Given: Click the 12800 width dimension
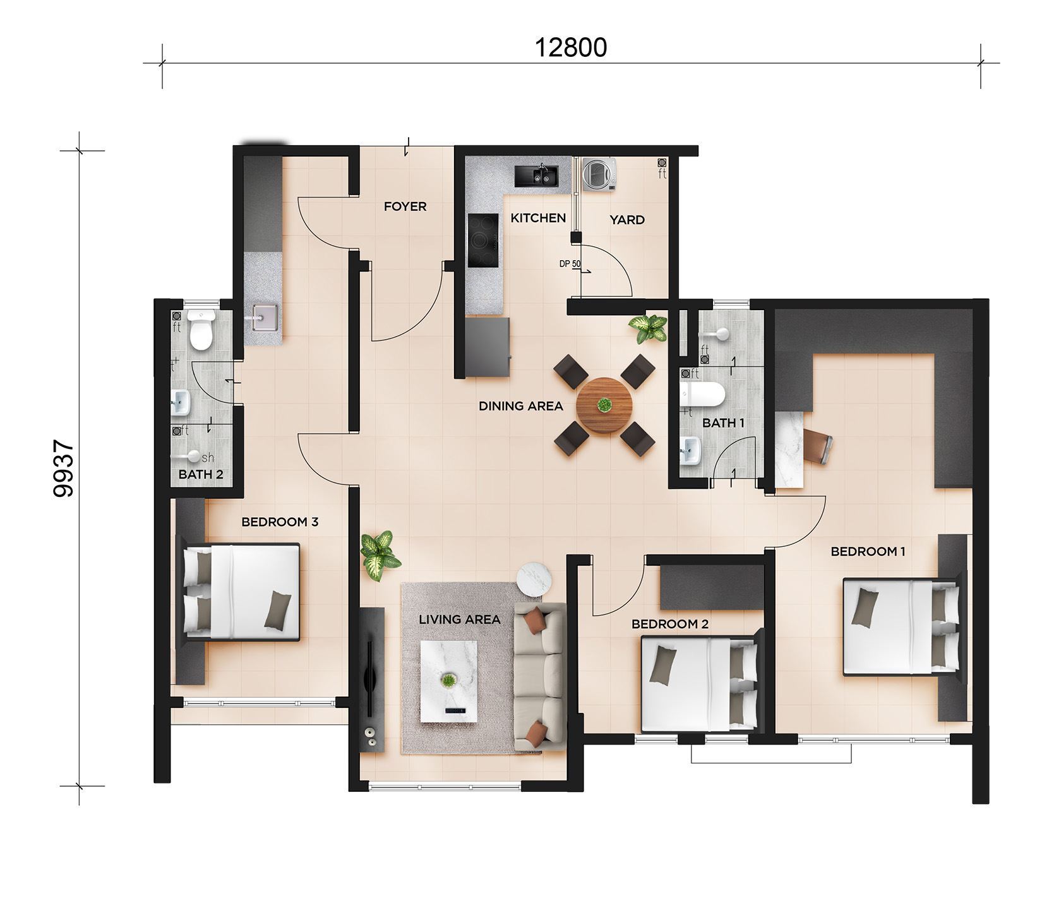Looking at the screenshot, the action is coord(571,47).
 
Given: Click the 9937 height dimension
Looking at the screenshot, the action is coord(64,469).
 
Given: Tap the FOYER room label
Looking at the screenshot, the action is coord(405,206).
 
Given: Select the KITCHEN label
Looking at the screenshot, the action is coord(538,218).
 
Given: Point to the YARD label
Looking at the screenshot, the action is coord(627,220).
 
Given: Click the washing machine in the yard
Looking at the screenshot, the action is coord(599,174).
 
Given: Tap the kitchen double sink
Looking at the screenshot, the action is coord(536,176).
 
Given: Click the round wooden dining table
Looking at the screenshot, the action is coord(604,406).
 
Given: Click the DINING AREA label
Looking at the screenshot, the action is coord(520,406).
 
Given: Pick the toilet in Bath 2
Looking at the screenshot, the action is coord(201,330).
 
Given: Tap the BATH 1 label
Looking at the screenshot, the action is coord(723,423).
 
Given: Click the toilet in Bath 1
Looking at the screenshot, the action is coord(702,395).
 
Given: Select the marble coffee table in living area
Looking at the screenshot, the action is coord(449,680).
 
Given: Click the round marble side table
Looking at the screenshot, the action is coord(535,579).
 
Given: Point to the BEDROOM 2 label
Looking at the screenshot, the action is coord(670,624).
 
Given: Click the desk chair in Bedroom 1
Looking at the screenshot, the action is coord(818,446).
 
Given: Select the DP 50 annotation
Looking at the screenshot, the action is coord(570,264).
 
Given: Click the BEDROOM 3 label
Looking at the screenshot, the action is coord(280,522).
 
